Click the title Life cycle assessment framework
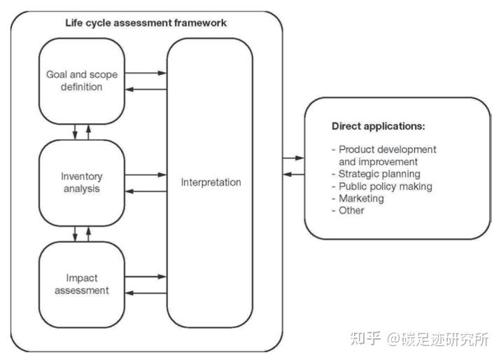[x=146, y=23]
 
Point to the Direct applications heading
[x=378, y=127]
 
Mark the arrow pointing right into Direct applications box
[x=294, y=158]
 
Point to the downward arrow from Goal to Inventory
[x=74, y=131]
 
